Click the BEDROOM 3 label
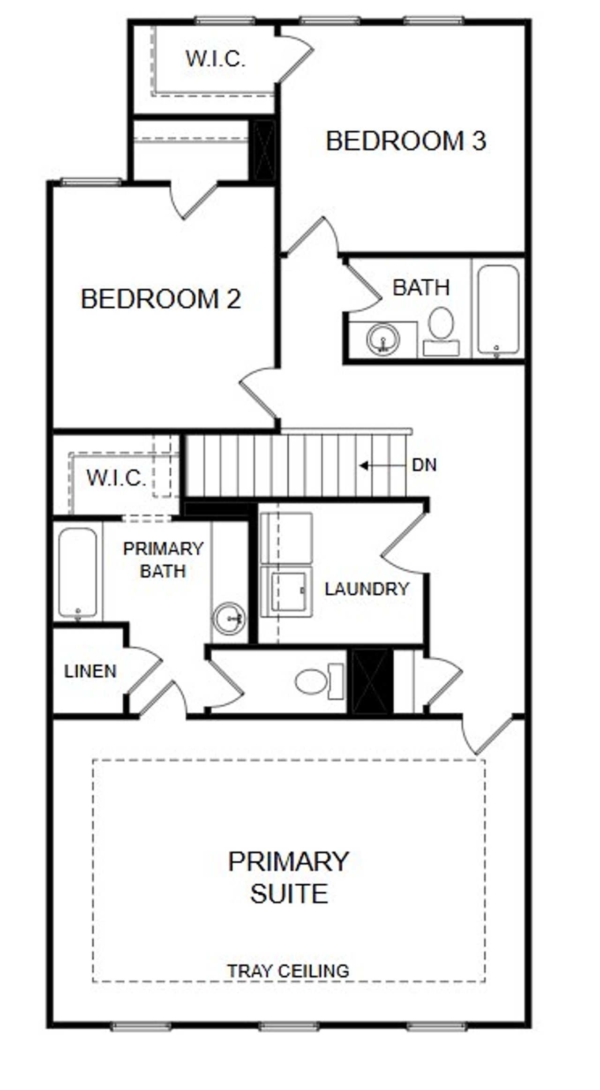406,141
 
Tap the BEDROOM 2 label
161,299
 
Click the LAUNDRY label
367,589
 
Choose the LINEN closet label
90,671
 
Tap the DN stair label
424,465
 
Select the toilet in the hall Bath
441,331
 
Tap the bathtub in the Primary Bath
78,572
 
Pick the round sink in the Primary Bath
228,618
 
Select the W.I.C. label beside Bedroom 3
216,59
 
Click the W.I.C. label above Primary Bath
116,478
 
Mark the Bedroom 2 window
91,182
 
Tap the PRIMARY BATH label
163,560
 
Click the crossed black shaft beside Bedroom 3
264,150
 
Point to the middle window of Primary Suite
289,1027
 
